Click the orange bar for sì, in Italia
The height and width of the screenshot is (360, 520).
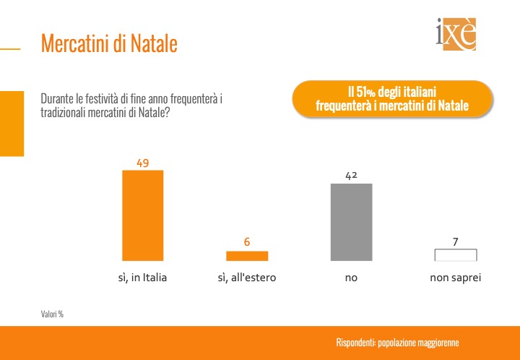coord(142,215)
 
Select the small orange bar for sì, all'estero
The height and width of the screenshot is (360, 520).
coord(247,256)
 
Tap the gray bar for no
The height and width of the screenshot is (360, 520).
coord(351,222)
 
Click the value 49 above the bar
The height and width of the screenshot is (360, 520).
coord(142,163)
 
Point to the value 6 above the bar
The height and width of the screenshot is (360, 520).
coord(247,242)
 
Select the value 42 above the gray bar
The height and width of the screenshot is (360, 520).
coord(351,176)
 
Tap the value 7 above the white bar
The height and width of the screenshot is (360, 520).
coord(455,242)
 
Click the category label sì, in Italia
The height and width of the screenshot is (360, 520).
coord(142,278)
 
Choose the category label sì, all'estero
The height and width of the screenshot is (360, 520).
coord(247,278)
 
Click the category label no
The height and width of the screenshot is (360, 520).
coord(351,278)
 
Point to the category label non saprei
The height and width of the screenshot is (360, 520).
coord(455,278)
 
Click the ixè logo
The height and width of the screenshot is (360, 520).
coord(456,34)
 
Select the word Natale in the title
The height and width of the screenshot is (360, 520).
coord(154,43)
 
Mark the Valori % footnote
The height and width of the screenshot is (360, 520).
coord(52,314)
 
